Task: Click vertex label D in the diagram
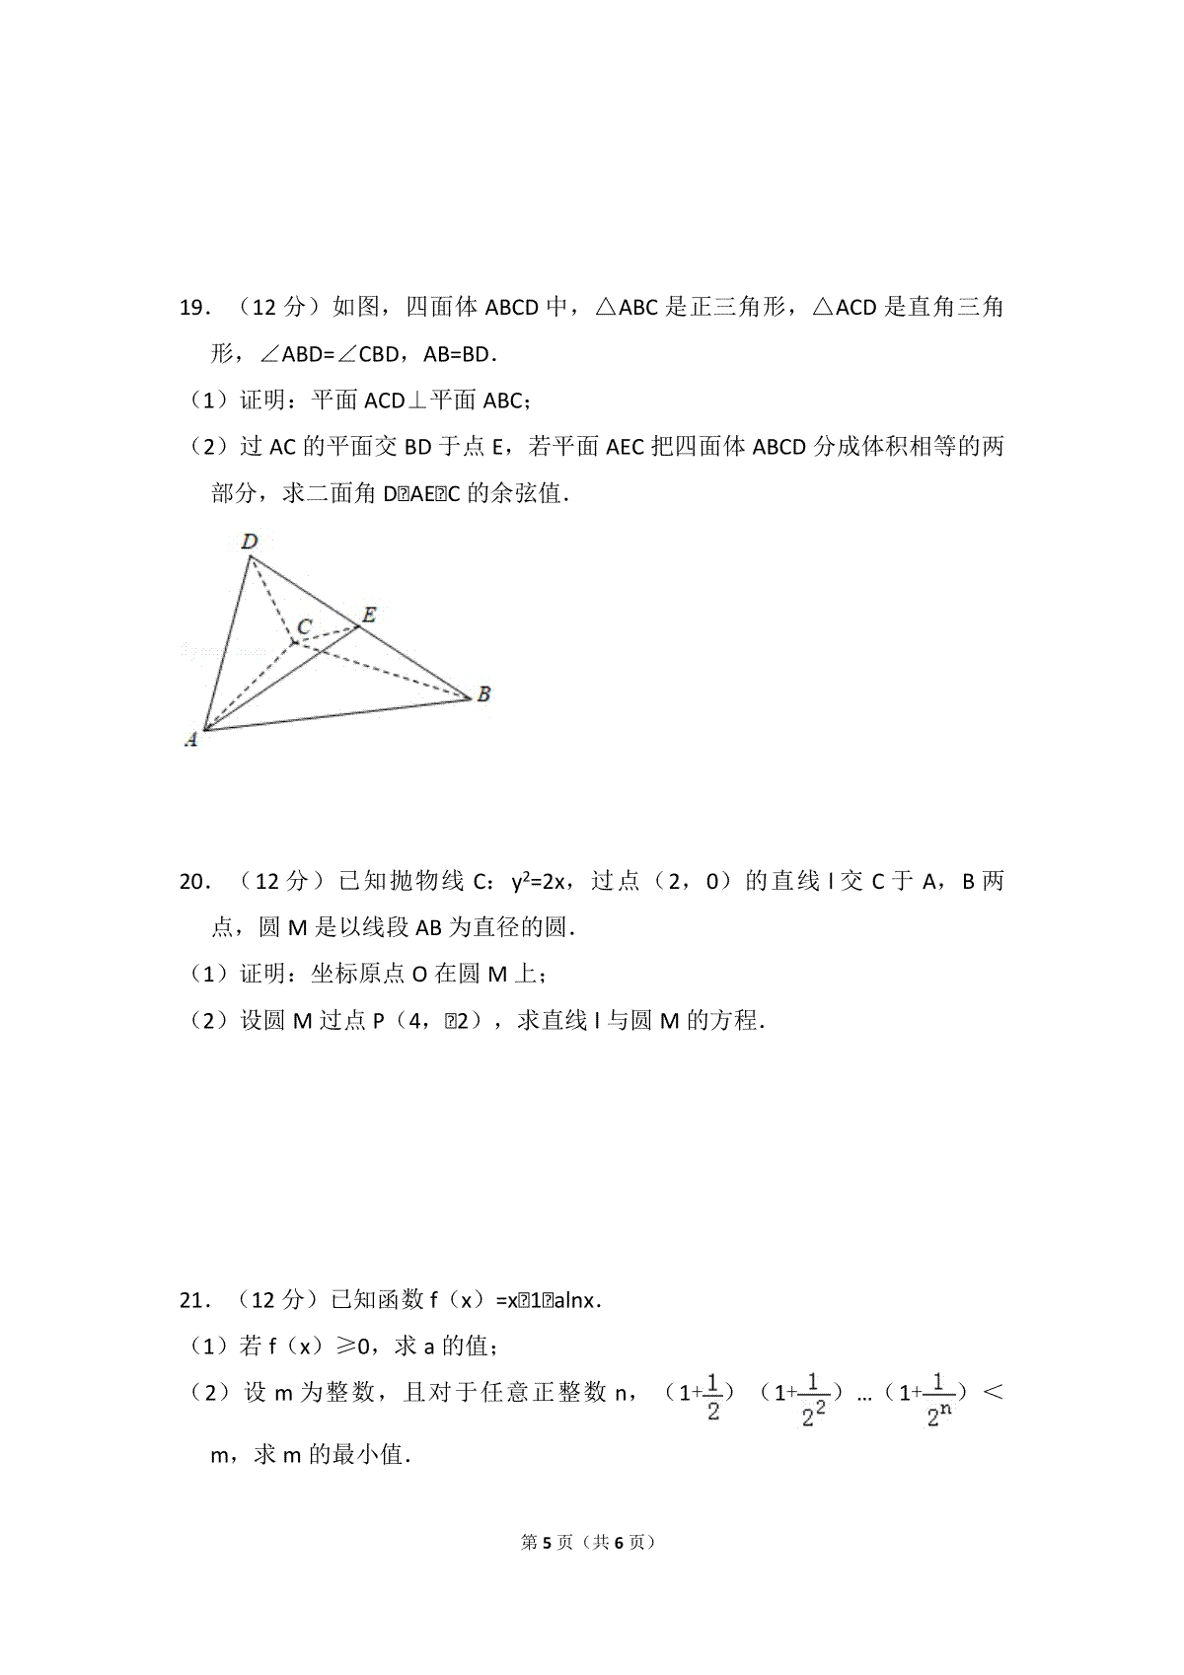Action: (x=250, y=541)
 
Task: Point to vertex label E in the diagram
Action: (x=368, y=615)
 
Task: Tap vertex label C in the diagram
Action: (x=305, y=626)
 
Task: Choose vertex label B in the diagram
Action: (x=483, y=694)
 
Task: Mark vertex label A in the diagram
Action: (x=191, y=739)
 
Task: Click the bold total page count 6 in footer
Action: (x=619, y=1543)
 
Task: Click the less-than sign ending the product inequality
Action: (x=994, y=1393)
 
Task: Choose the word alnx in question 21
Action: (x=575, y=1300)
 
